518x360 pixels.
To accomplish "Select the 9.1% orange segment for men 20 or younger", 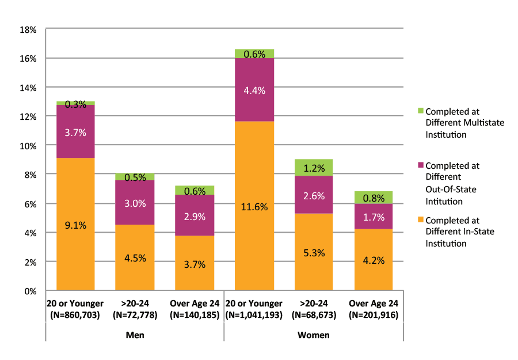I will click(x=75, y=224).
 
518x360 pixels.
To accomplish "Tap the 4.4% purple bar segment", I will click(x=254, y=90).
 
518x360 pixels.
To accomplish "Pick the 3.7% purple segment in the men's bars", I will click(x=75, y=132).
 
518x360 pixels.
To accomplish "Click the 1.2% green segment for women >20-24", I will click(x=314, y=168).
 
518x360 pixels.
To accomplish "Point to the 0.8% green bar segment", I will click(x=374, y=198).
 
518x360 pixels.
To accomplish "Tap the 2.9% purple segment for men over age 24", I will click(x=195, y=215).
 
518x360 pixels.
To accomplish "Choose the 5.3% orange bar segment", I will click(x=314, y=252).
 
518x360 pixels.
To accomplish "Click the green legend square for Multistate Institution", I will click(x=420, y=111).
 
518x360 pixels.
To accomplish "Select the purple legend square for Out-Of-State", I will click(x=420, y=165).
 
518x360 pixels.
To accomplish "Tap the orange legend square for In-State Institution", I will click(x=420, y=220).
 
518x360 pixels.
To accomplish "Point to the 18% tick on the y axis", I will click(x=29, y=29).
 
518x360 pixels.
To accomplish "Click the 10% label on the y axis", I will click(x=29, y=146).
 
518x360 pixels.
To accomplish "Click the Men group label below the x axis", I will click(x=135, y=335).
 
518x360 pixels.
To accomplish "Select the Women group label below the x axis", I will click(x=314, y=335).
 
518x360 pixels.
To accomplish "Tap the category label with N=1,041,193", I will click(x=254, y=309).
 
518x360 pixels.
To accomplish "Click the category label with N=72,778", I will click(x=135, y=309).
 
